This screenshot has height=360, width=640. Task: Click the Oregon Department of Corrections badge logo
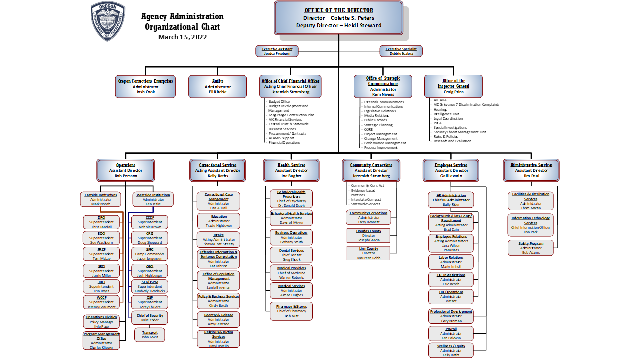[108, 21]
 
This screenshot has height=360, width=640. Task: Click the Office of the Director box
[338, 18]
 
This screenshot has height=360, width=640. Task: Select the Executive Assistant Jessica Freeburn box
[277, 51]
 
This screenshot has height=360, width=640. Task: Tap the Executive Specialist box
[401, 51]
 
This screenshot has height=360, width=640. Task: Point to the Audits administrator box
[217, 86]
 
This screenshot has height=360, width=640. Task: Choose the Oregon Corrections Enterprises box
[145, 86]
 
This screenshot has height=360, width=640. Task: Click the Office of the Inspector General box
[453, 86]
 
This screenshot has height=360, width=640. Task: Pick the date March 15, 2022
[182, 37]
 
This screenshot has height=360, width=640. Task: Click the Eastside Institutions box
[101, 199]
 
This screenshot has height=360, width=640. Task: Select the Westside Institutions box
[153, 199]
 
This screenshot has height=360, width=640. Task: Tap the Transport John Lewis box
[149, 335]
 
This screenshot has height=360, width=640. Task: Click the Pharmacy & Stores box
[291, 311]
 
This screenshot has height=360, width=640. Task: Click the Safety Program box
[531, 248]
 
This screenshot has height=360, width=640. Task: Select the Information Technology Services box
[531, 225]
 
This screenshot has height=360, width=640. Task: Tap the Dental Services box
[291, 255]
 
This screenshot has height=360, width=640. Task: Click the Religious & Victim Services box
[218, 339]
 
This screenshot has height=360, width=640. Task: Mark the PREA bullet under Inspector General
[438, 123]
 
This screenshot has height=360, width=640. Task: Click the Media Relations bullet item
[376, 115]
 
